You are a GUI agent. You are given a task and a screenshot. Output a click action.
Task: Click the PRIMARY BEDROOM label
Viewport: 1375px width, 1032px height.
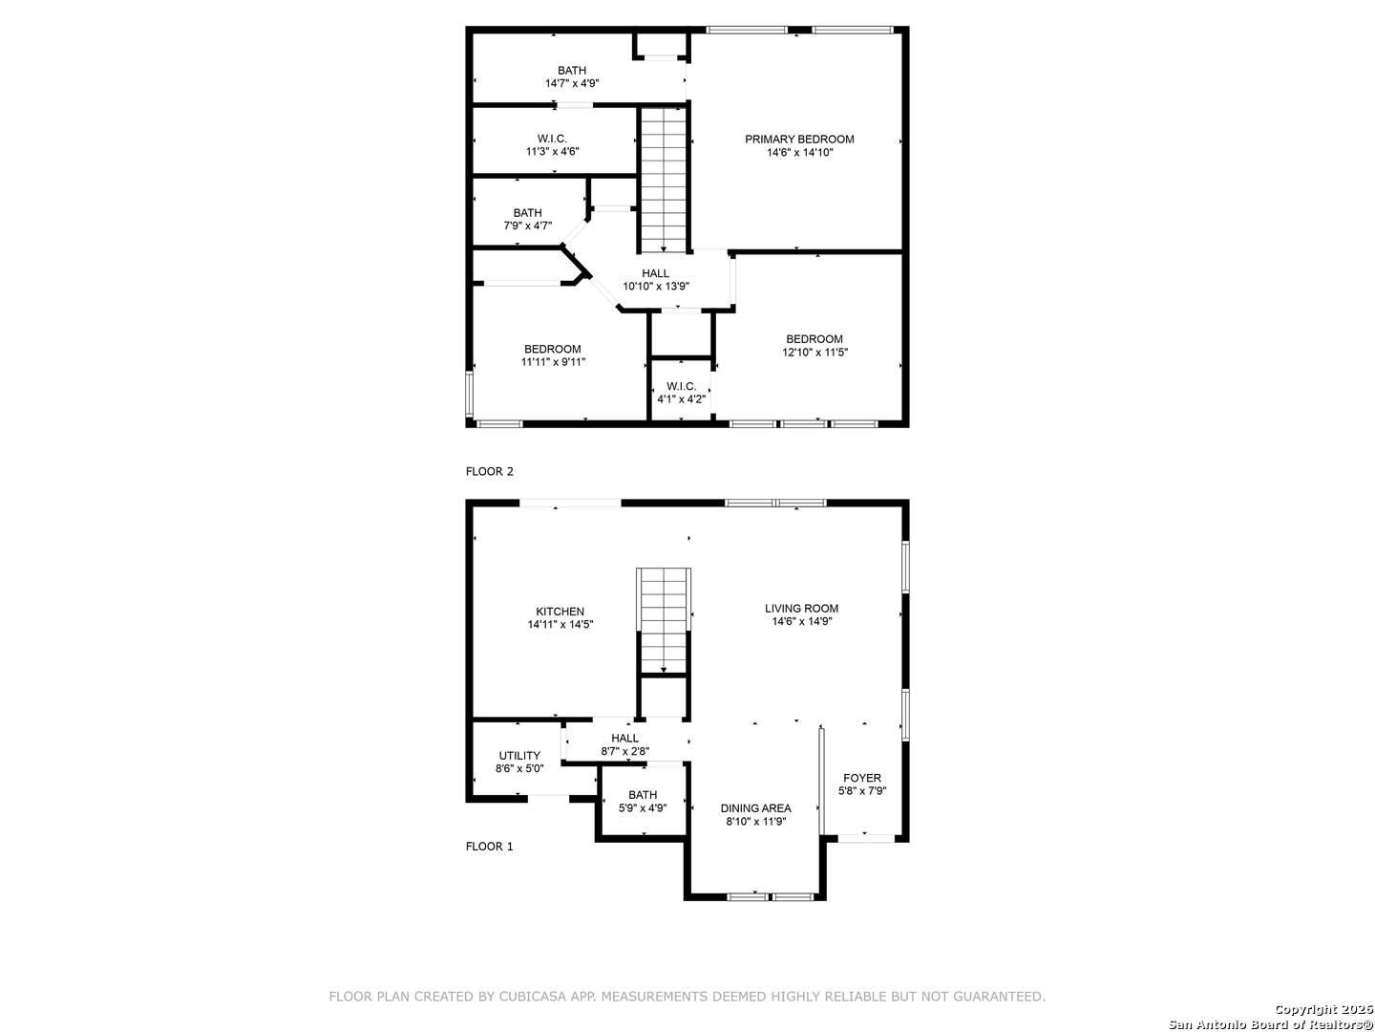[798, 140]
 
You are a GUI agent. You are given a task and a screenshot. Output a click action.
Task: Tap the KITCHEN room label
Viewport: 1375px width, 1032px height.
[560, 611]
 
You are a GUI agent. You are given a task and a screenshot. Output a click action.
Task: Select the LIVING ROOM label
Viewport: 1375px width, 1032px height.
[801, 608]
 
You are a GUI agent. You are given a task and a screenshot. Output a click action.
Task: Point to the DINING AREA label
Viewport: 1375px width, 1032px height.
[755, 807]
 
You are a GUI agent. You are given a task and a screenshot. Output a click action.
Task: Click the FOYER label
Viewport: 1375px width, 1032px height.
[862, 778]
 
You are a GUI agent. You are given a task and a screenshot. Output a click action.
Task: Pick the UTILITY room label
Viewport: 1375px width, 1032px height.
[519, 755]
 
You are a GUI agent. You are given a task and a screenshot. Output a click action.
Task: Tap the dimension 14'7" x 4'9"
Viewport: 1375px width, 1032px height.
[572, 83]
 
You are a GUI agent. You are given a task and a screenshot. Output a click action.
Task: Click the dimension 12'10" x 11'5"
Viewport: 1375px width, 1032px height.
[814, 353]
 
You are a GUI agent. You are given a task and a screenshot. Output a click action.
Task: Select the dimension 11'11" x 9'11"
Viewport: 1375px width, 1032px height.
[553, 361]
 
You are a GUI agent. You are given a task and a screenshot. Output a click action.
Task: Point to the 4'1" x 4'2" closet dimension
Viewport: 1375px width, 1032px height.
[681, 398]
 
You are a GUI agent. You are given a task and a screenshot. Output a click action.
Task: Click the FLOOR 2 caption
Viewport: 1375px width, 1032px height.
[489, 471]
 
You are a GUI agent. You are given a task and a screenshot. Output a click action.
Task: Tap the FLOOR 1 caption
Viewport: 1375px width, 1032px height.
[489, 846]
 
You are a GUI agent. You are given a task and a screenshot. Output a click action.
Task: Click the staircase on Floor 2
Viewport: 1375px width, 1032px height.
[664, 180]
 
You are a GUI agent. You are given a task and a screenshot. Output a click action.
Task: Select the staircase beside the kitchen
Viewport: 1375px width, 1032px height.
[664, 620]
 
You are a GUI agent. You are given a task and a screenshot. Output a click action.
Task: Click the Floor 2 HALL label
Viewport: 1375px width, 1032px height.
[655, 273]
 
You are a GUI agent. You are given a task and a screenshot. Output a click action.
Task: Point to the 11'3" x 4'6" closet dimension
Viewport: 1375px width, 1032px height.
[553, 151]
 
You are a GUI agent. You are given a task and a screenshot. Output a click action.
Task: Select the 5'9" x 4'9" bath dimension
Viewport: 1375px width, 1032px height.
[643, 807]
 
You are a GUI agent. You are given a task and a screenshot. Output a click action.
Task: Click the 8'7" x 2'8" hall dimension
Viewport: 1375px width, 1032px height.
[625, 751]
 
